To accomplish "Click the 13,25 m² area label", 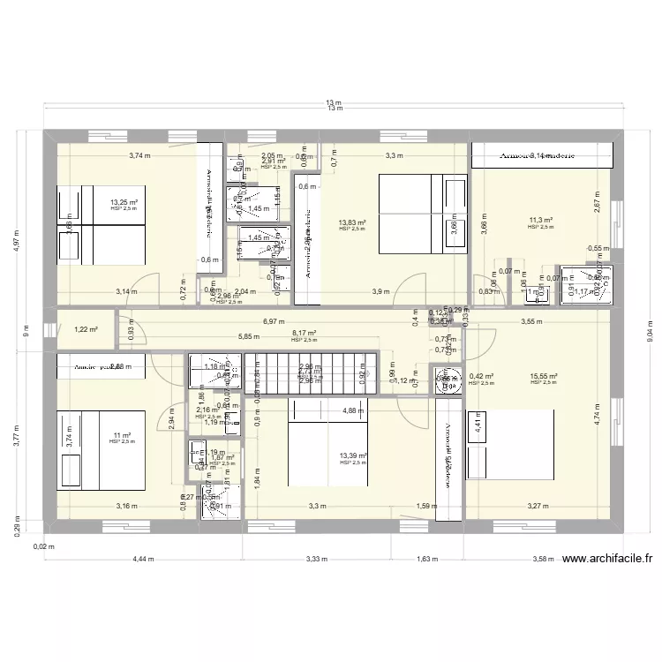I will [x=124, y=202].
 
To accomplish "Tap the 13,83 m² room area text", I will [x=352, y=222].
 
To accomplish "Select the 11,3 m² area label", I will [x=540, y=221].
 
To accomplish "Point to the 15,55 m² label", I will [x=544, y=376].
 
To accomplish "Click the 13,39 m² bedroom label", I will [x=353, y=455].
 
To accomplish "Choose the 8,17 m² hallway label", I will [x=305, y=334].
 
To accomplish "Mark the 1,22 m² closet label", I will [x=85, y=329].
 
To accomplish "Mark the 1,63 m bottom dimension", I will [x=425, y=559].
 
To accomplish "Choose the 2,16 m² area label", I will [x=206, y=410].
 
